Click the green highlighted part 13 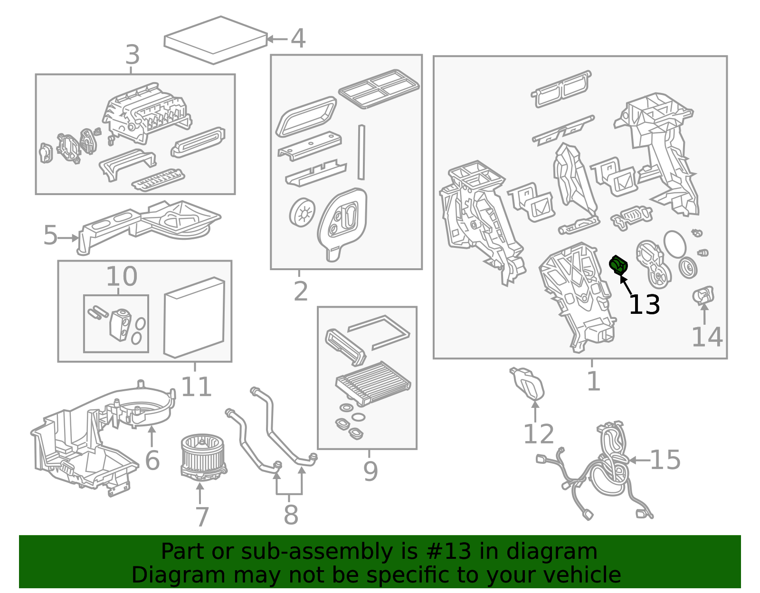click(618, 265)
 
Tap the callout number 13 click(644, 305)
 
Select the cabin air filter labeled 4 click(216, 40)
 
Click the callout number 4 click(298, 38)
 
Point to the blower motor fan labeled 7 click(203, 457)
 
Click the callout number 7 click(202, 517)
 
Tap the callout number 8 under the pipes click(291, 515)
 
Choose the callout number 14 click(707, 337)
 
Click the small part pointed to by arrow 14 click(703, 295)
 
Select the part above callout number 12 click(528, 384)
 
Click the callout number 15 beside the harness click(665, 460)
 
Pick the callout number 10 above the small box click(121, 276)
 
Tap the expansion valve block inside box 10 click(120, 325)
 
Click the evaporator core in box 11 click(194, 318)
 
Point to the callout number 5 click(50, 235)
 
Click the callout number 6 click(152, 460)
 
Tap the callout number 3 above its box click(133, 55)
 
